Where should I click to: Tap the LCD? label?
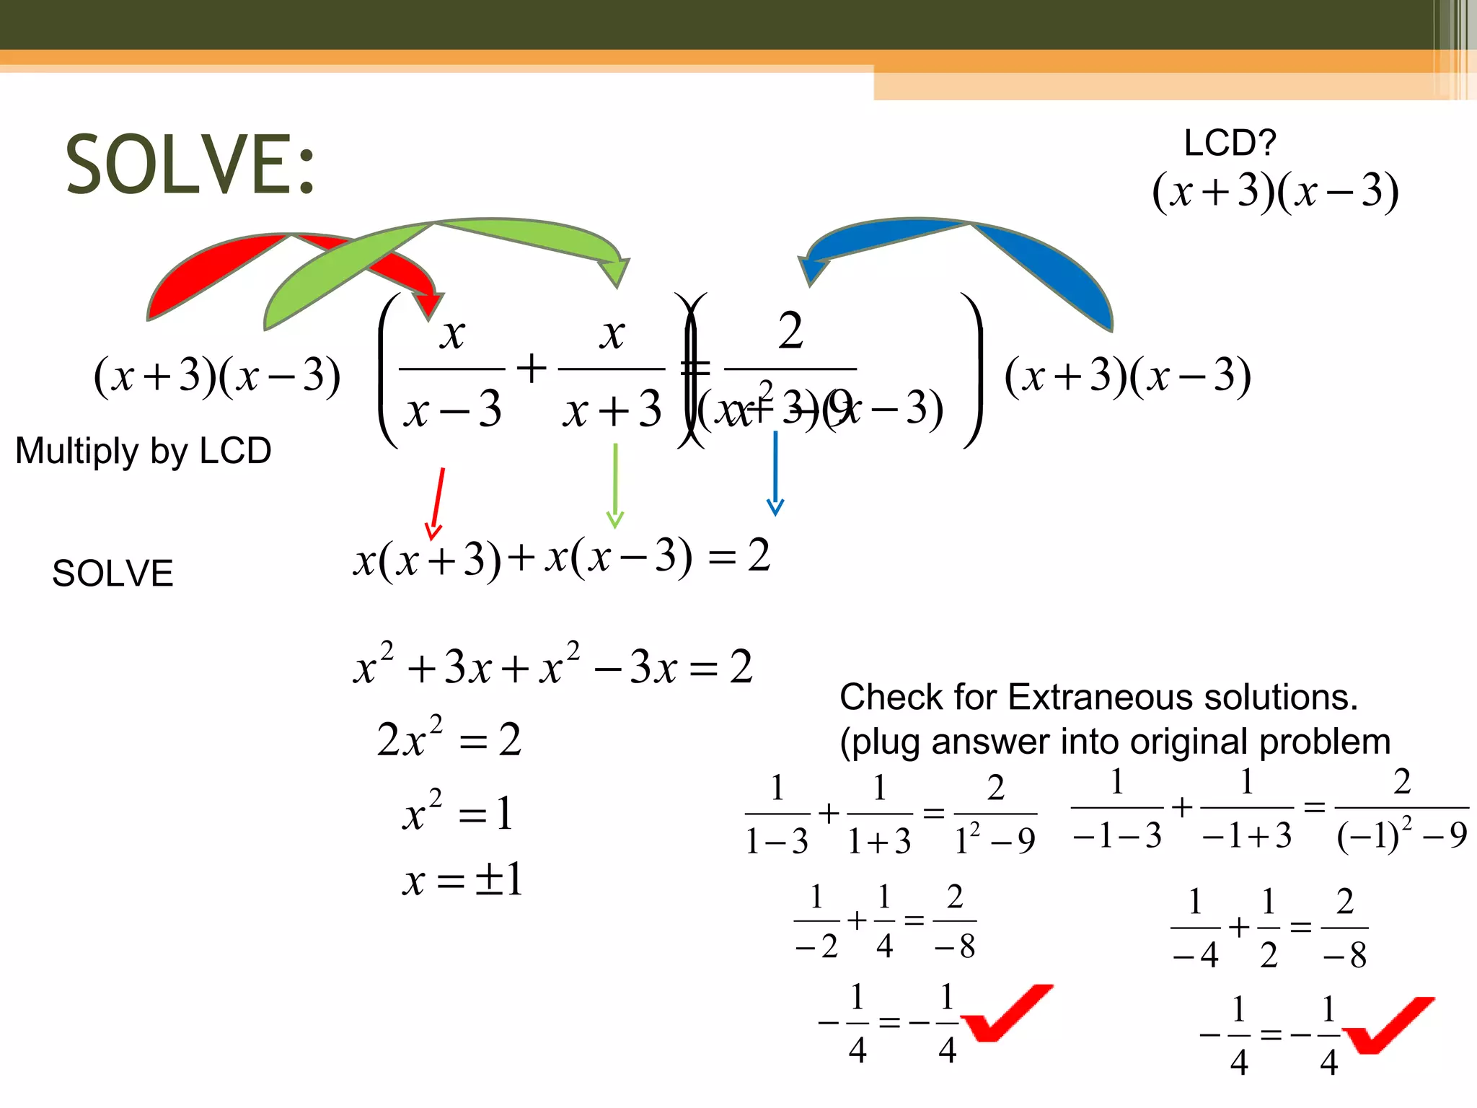coord(1230,143)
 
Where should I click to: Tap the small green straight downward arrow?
coord(614,485)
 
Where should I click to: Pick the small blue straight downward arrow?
coord(775,472)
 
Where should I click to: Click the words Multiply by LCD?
coord(144,451)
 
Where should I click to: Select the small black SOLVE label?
coord(113,573)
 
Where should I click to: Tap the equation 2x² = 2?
coord(449,739)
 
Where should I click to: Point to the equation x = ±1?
coord(462,880)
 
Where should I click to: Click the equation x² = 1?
coord(457,812)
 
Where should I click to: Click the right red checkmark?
coord(1388,1024)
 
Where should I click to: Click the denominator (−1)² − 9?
coord(1401,835)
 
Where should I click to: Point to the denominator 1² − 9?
coord(995,840)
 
